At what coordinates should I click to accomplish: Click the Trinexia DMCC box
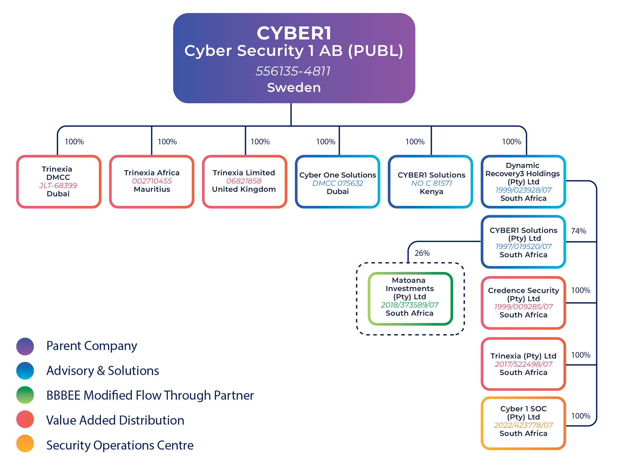[59, 182]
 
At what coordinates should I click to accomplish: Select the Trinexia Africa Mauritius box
[152, 182]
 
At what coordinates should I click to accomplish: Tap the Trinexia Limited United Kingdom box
[244, 182]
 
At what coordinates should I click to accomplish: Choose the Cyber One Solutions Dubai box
[337, 182]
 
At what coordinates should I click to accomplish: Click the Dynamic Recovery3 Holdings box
[523, 182]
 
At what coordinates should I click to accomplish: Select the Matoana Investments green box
[410, 298]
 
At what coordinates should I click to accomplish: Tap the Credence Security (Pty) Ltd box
[523, 303]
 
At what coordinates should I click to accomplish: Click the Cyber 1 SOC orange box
[523, 423]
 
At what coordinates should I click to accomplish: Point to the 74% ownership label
[578, 231]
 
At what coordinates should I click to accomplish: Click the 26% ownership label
[422, 253]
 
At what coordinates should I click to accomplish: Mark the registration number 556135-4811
[293, 71]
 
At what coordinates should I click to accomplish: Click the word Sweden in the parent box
[294, 87]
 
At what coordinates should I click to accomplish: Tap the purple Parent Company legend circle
[25, 346]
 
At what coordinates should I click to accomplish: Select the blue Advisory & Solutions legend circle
[25, 371]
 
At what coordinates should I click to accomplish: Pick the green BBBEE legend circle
[25, 395]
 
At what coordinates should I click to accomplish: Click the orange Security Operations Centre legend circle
[25, 443]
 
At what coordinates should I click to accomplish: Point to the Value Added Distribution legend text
[115, 420]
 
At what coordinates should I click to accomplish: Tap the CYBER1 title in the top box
[294, 33]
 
